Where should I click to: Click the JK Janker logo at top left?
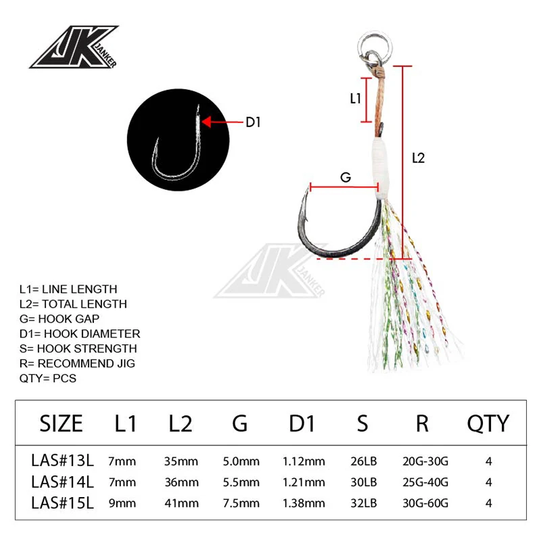click(74, 47)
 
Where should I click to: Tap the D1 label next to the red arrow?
click(252, 122)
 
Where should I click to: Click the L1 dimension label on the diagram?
click(356, 99)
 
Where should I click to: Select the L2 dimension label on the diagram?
click(418, 158)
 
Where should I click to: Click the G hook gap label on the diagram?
click(345, 177)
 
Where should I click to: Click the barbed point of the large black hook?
click(306, 203)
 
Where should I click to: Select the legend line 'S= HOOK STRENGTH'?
click(78, 348)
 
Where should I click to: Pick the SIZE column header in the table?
click(62, 423)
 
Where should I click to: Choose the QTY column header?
click(488, 423)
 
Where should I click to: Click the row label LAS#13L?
click(63, 461)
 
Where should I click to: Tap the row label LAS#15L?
click(63, 503)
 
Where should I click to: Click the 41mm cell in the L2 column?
click(181, 503)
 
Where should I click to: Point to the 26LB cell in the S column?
click(363, 461)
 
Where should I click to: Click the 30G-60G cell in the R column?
click(425, 503)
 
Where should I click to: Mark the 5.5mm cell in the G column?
click(241, 482)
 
